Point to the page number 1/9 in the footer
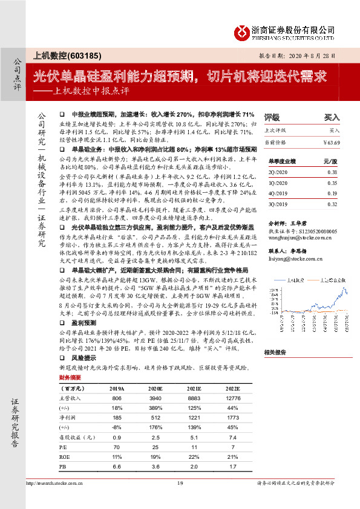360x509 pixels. coord(180,499)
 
